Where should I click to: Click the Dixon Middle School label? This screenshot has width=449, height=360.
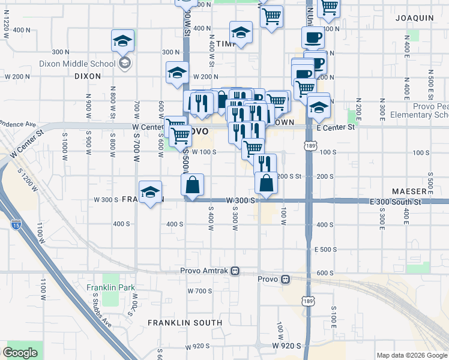pos(77,63)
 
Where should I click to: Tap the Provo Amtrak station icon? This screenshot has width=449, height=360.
pos(236,271)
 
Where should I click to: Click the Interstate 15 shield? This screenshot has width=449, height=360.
pos(16,225)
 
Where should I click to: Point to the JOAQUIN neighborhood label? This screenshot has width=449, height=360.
pos(414,18)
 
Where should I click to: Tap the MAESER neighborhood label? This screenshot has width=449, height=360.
pos(409,191)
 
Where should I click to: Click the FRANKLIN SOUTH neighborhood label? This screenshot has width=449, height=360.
pos(185,323)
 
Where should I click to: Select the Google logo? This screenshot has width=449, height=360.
pos(20,353)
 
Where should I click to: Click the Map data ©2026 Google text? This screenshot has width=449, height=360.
pos(411,355)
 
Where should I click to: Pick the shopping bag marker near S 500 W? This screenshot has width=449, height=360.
pos(192,185)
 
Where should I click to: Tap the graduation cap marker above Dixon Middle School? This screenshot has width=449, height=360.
pos(122,42)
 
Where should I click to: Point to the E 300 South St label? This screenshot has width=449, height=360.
pos(397,202)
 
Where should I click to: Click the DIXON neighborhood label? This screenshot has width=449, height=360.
pos(88,76)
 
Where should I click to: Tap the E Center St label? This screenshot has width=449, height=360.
pos(336,127)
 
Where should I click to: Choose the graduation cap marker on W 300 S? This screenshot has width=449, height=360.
pos(150,192)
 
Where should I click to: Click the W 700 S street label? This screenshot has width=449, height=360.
pos(199,291)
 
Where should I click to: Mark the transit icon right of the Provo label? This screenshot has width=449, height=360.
pos(286,279)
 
